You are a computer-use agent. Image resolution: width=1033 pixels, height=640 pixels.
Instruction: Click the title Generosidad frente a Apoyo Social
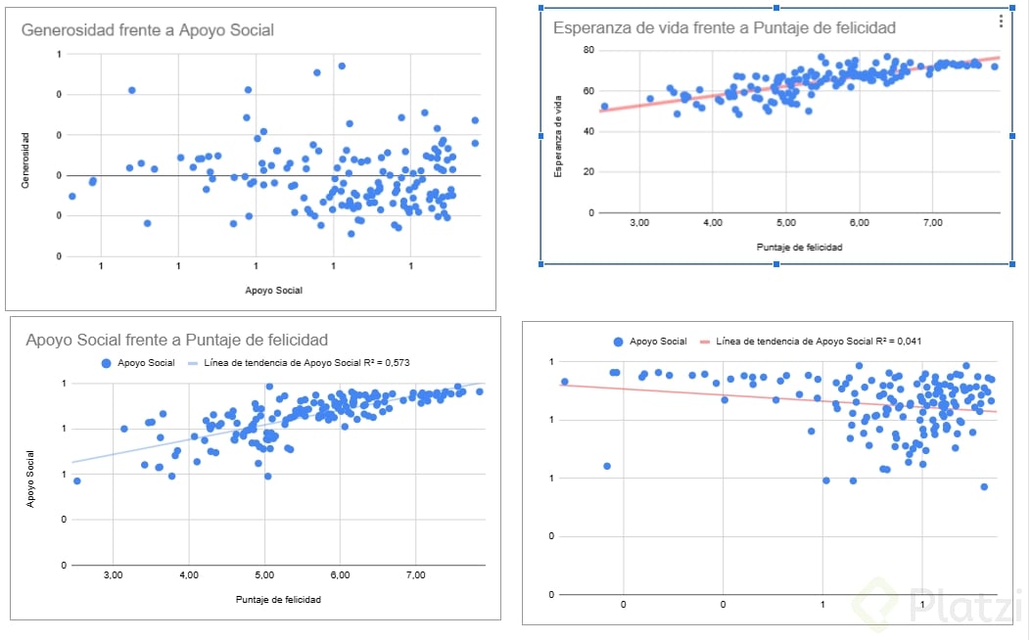147,30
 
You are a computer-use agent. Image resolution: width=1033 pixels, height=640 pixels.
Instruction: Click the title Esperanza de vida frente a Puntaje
724,27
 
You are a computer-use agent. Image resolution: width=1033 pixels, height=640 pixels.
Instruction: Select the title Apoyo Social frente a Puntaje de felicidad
176,341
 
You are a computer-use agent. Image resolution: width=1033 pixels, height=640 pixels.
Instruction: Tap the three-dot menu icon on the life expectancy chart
1000,21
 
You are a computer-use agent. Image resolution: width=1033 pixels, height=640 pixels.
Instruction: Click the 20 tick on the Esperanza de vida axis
588,171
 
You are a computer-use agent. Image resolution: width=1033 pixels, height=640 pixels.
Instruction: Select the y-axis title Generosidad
28,160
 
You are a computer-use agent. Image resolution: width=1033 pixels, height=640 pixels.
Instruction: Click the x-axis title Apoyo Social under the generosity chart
273,291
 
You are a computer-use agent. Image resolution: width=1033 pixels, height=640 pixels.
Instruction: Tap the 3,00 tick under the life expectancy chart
638,223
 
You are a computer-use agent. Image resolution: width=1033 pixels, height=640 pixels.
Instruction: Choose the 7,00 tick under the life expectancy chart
932,223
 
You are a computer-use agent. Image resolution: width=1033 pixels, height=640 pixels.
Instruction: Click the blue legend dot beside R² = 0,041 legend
617,342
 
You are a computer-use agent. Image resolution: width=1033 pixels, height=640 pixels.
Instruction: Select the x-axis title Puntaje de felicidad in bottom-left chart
278,599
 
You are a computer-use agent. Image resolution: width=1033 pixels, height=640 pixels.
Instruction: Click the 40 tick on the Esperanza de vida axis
588,131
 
